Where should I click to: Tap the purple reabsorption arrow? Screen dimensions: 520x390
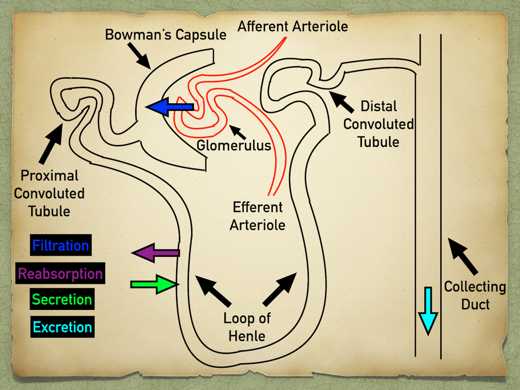(x=155, y=253)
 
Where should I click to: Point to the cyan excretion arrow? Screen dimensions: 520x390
(x=428, y=311)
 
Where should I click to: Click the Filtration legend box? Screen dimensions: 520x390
(x=61, y=245)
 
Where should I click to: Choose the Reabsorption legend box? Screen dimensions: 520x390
(x=60, y=273)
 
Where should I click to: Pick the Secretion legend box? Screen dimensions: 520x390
(x=62, y=299)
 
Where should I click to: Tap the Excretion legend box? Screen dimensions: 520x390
(x=62, y=327)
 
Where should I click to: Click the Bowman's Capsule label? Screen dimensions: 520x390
(x=166, y=35)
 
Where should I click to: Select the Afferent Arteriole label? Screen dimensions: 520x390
(x=293, y=26)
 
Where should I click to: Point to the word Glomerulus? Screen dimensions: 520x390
(x=234, y=145)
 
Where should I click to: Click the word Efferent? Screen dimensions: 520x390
(x=258, y=207)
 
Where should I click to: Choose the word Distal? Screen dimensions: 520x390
(x=379, y=106)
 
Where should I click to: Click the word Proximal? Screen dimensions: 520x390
(x=49, y=176)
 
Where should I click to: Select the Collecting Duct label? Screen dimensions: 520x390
(x=475, y=295)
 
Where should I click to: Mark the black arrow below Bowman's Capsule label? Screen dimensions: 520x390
(x=139, y=56)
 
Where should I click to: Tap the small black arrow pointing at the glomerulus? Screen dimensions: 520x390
(x=237, y=132)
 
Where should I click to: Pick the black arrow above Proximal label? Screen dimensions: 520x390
(x=51, y=144)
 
